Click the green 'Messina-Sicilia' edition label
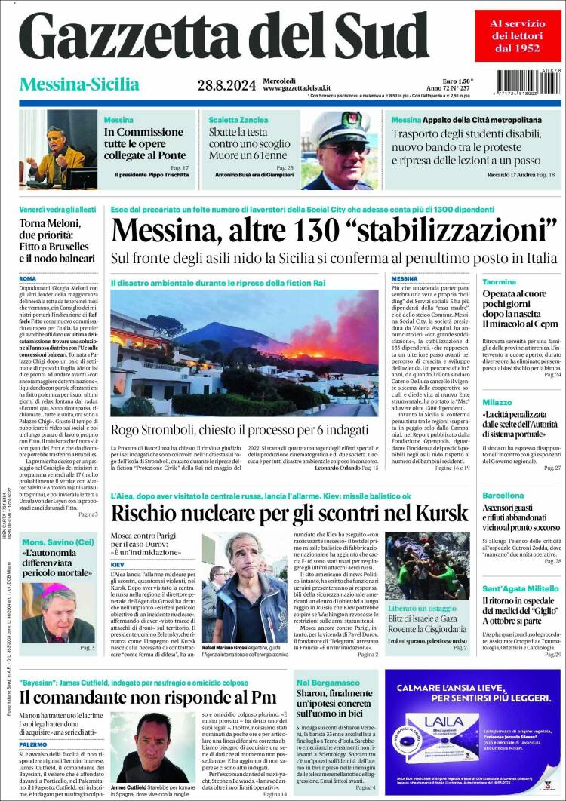click(79, 84)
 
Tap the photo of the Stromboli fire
click(245, 352)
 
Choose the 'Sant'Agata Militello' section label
click(520, 588)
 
